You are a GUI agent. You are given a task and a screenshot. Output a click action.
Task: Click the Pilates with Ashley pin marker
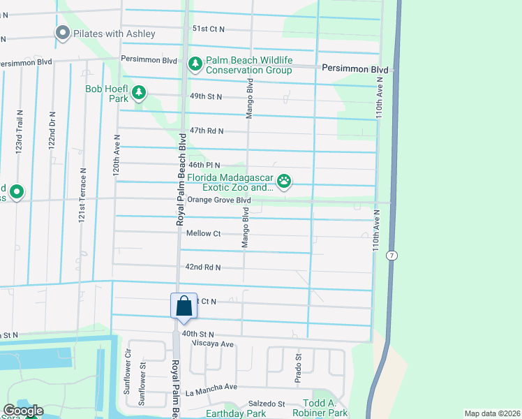pyautogui.click(x=62, y=33)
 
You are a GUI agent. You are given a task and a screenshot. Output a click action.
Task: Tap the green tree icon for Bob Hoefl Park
pyautogui.click(x=139, y=92)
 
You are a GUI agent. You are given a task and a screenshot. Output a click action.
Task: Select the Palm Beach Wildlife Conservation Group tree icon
pyautogui.click(x=195, y=64)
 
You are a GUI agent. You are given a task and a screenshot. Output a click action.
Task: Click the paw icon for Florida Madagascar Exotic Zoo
pyautogui.click(x=284, y=182)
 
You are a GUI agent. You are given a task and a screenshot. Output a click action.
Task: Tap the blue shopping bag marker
pyautogui.click(x=184, y=307)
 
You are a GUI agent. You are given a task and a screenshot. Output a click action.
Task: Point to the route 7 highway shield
pyautogui.click(x=393, y=256)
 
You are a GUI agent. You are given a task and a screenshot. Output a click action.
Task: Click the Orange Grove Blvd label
pyautogui.click(x=218, y=200)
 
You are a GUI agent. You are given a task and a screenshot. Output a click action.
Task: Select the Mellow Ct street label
pyautogui.click(x=204, y=233)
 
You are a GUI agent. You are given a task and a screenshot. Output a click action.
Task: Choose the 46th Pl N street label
pyautogui.click(x=204, y=165)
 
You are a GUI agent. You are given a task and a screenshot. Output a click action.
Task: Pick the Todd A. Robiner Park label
pyautogui.click(x=325, y=409)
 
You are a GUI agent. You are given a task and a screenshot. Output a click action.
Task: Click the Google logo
pyautogui.click(x=22, y=411)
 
